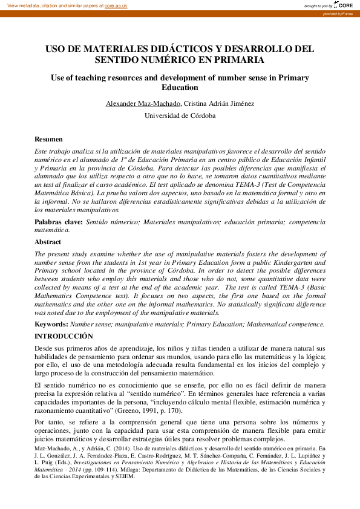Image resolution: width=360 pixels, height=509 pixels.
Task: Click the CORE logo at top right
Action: [344, 5]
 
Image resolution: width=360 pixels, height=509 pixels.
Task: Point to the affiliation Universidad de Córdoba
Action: [180, 115]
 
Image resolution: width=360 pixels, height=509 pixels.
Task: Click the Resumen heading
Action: [48, 140]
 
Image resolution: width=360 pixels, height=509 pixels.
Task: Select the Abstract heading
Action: [48, 242]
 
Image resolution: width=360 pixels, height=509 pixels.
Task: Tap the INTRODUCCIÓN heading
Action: [64, 336]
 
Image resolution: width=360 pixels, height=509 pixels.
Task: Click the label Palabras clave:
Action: [59, 222]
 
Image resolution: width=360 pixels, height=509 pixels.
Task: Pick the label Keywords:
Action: [51, 325]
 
